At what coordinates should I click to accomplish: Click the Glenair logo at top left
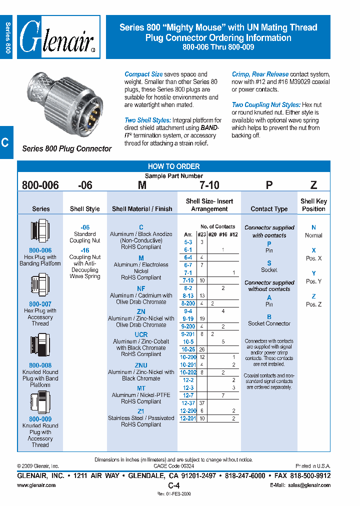coord(59,37)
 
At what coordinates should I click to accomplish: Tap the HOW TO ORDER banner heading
coord(173,166)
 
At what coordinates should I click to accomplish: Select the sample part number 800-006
coord(40,185)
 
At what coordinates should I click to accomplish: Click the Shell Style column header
coord(84,209)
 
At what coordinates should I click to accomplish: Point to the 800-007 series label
coord(40,304)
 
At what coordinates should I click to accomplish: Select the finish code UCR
coord(141,334)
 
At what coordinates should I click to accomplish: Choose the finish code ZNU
coord(141,365)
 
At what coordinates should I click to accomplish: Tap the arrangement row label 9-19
coord(187,318)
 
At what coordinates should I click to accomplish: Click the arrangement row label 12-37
coord(187,403)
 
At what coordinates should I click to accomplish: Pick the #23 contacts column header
coord(201,234)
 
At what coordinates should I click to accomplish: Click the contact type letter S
coord(269,263)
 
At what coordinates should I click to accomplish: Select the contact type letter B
coord(269,317)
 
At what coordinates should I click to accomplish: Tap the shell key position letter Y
coord(313,273)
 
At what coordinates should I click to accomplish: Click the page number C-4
coord(173,485)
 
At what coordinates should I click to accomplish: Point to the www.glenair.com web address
coord(36,485)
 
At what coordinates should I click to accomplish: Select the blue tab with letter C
coord(5,142)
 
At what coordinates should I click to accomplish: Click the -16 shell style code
coord(84,250)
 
